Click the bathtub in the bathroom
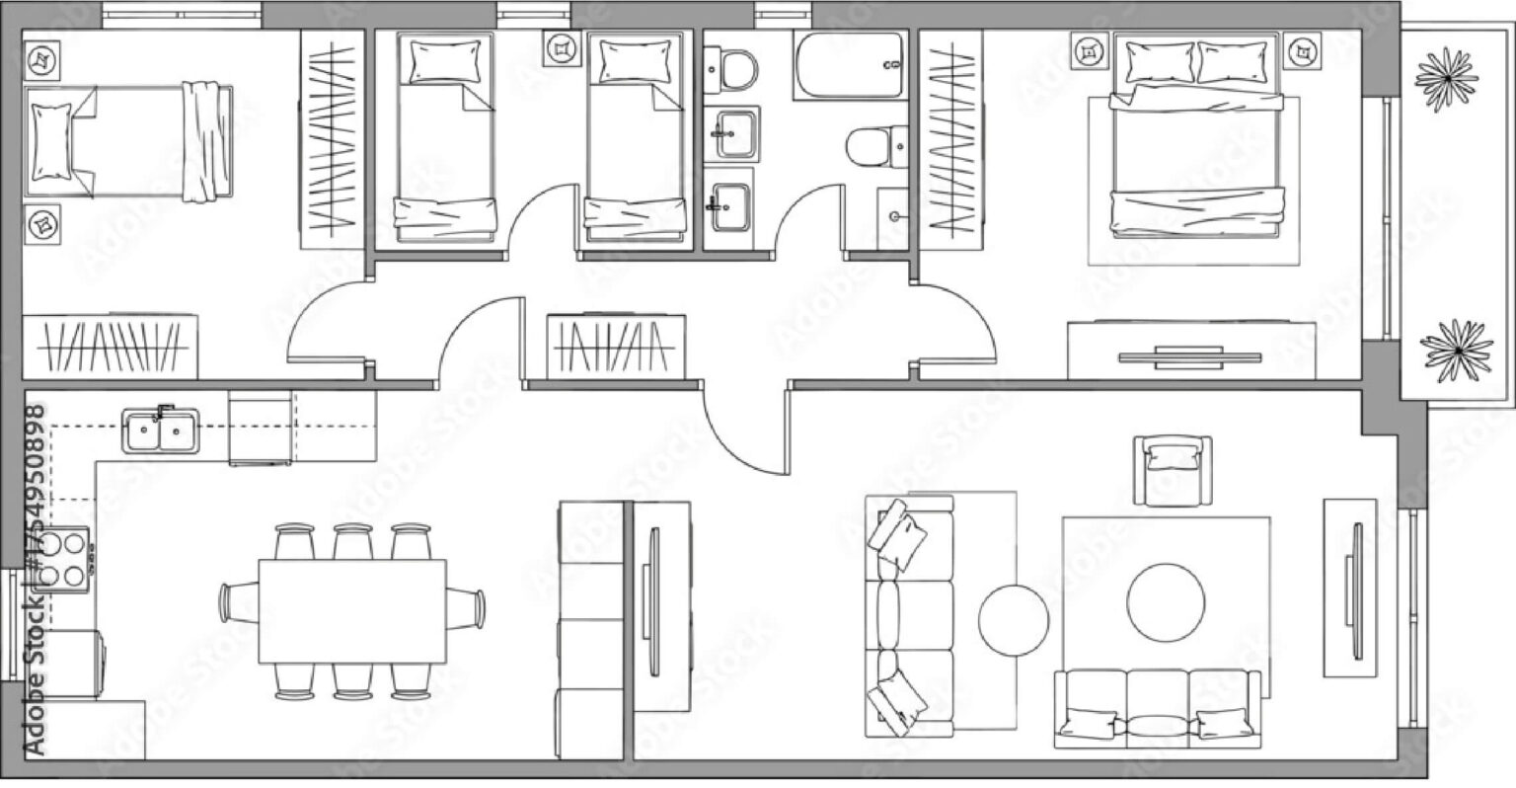(850, 65)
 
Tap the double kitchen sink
(161, 430)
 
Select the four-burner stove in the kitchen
(62, 560)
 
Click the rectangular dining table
(352, 611)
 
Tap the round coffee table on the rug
(1166, 602)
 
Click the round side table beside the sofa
(1014, 620)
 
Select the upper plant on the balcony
(1446, 79)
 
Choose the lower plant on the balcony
(1457, 351)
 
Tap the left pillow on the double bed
(1160, 62)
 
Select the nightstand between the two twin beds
(562, 48)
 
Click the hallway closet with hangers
(616, 347)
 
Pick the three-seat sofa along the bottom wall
(1158, 708)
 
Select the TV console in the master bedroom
(1191, 351)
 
